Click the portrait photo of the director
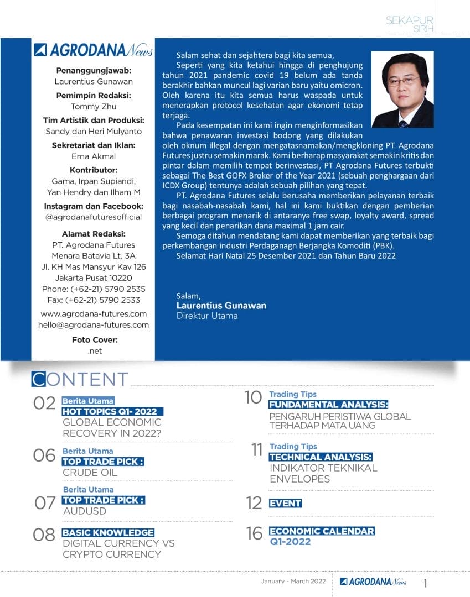[402, 90]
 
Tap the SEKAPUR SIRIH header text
[410, 24]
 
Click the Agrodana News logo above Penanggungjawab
[93, 50]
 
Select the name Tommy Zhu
[93, 107]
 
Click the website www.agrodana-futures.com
[93, 313]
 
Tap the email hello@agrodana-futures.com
[93, 325]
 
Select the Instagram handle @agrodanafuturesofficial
[93, 217]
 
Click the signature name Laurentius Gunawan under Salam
[221, 306]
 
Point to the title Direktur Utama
[206, 316]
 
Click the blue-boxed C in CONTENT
[38, 379]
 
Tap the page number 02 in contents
[45, 404]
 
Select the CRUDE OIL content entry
[90, 473]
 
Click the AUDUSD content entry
[85, 511]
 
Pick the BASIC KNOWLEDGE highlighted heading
[108, 532]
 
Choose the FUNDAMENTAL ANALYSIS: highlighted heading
[328, 405]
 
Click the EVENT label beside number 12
[285, 503]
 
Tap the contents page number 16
[254, 533]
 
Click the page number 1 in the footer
[425, 583]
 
